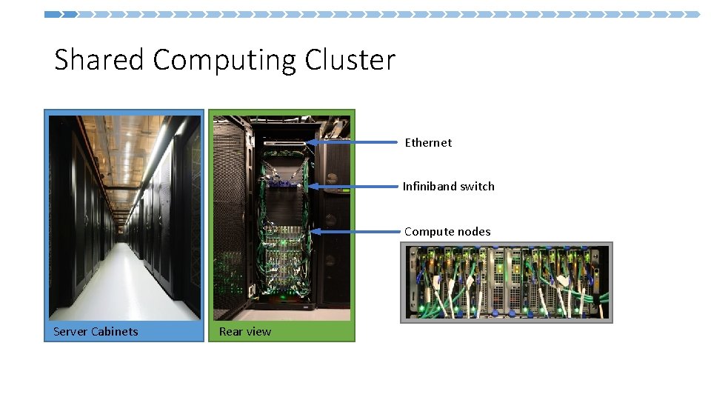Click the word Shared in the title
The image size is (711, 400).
(99, 59)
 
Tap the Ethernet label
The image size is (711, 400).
(428, 142)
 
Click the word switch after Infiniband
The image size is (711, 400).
(477, 186)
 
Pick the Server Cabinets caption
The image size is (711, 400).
(96, 331)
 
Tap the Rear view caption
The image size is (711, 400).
(245, 331)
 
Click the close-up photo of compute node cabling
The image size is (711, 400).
(507, 282)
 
